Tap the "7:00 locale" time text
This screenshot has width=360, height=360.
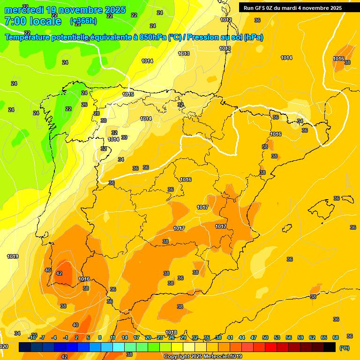coord(33,21)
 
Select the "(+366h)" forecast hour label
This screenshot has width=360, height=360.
coord(83,21)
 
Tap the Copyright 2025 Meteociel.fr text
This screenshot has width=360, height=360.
coord(202,357)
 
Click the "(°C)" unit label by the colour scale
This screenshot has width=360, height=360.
coord(344,348)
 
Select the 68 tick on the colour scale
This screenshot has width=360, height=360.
coord(336,337)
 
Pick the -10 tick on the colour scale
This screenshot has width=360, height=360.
coord(32,337)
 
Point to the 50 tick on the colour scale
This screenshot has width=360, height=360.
coord(265,337)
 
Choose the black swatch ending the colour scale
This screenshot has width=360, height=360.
coord(330,347)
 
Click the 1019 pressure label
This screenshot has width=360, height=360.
coord(13,256)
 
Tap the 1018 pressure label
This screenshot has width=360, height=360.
coord(171,333)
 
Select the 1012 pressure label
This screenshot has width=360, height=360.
coord(226,20)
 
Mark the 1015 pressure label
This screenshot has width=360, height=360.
coord(128,94)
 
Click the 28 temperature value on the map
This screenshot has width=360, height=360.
coord(97,113)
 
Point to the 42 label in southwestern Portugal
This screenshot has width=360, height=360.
coord(59,273)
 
